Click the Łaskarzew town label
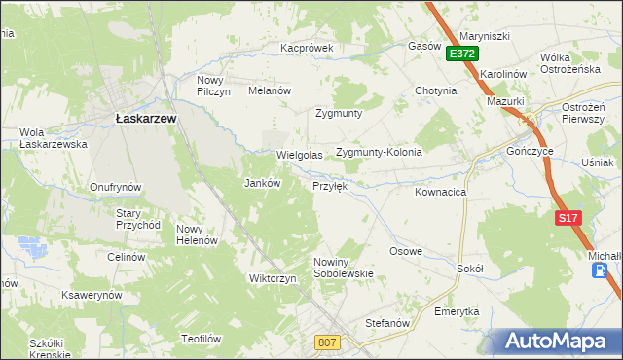pos(145,118)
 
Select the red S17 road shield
pos(569,219)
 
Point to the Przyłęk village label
pos(330,185)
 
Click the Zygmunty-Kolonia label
pos(379,152)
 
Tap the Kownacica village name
pos(440,193)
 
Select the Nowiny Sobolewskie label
pos(344,268)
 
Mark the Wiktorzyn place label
pos(273,278)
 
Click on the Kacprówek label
pos(307,47)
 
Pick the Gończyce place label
pos(531,152)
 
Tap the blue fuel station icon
pos(597,270)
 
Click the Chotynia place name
pos(435,90)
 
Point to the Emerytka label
pos(457,311)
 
